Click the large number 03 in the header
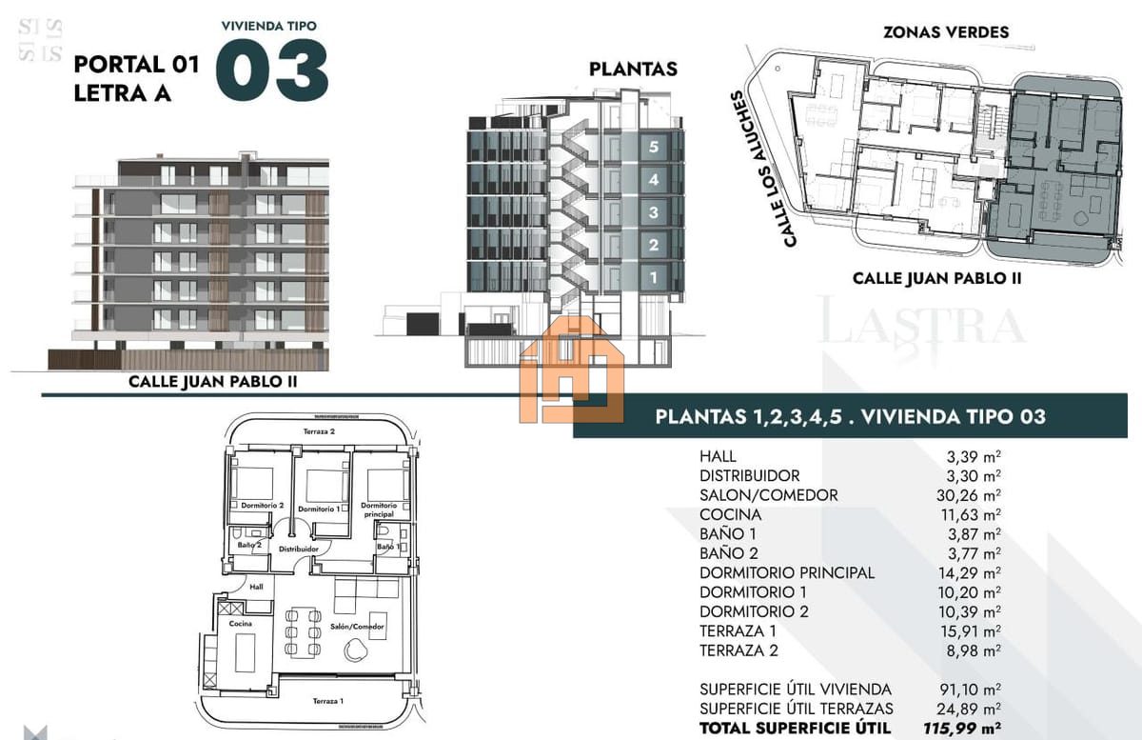272,70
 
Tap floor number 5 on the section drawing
654,147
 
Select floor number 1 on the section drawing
654,278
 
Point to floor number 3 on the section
654,212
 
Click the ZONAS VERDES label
946,32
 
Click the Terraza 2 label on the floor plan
319,431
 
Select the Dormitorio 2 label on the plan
262,506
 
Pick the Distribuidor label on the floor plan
299,550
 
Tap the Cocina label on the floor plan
240,623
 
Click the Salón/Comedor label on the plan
357,627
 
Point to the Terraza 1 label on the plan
327,701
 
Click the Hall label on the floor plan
256,587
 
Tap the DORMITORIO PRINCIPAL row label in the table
787,572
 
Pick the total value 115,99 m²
961,728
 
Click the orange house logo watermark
572,370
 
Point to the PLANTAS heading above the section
633,69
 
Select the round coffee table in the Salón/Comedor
355,650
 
